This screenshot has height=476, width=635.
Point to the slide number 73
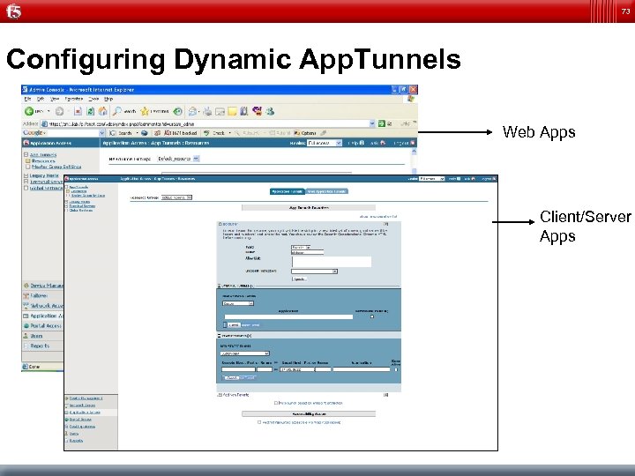point(625,11)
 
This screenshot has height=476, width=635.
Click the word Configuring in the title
point(86,60)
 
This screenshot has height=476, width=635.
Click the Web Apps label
point(538,133)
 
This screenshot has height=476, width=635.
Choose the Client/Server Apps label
point(585,227)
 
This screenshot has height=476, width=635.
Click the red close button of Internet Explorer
point(413,90)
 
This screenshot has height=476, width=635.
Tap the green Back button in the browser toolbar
point(30,112)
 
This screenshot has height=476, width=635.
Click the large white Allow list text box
point(317,261)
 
